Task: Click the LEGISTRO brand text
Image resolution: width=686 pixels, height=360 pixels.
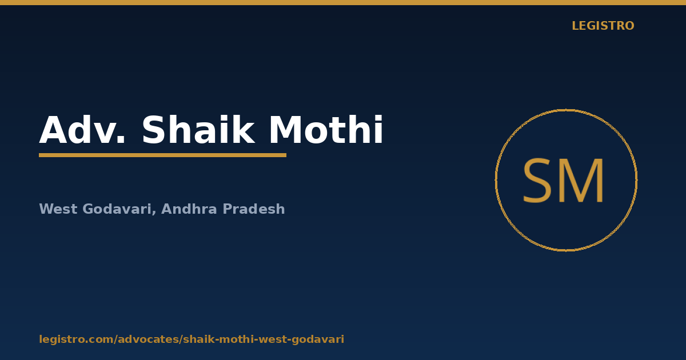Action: point(603,26)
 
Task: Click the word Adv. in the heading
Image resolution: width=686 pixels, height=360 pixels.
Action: point(82,130)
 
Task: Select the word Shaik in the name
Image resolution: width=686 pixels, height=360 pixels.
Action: point(198,130)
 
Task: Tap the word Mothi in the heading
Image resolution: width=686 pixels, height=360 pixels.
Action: point(326,130)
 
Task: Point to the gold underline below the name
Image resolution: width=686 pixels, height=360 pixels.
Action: point(162,155)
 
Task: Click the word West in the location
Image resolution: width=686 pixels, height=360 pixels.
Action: point(58,209)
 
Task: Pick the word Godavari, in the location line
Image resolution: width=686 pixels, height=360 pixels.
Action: point(119,210)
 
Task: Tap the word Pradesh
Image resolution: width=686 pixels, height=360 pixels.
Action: point(254,209)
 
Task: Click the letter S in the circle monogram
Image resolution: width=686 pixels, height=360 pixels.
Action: point(536,181)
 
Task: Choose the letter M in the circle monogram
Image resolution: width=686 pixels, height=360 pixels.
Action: point(581,181)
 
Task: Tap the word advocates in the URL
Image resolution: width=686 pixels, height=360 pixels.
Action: point(150,339)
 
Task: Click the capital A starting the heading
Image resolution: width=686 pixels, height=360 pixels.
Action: point(53,130)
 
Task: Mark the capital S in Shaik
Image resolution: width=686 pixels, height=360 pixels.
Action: point(154,130)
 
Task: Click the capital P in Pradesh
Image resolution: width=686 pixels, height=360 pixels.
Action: point(228,209)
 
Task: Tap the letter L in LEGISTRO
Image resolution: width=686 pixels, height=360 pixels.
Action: point(576,26)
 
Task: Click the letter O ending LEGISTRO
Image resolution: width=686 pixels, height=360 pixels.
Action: point(629,26)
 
